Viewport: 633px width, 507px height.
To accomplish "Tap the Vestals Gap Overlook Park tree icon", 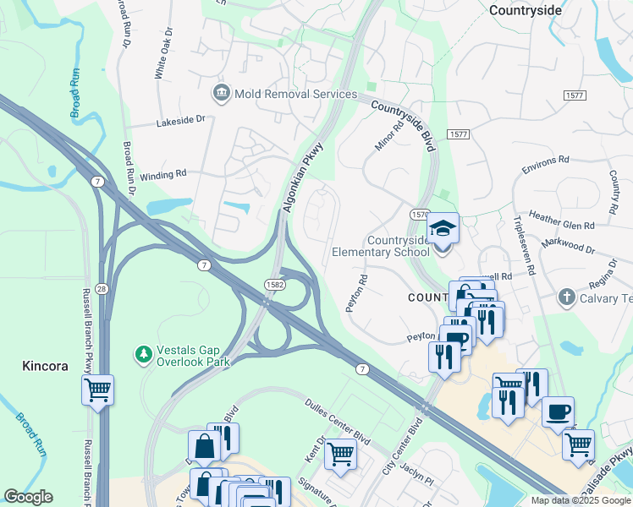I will pyautogui.click(x=145, y=352).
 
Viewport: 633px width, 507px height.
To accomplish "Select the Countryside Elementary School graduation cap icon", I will pyautogui.click(x=442, y=227).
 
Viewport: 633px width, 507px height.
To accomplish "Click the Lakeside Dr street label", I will pyautogui.click(x=181, y=122).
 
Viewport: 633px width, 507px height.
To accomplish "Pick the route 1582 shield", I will pyautogui.click(x=273, y=286).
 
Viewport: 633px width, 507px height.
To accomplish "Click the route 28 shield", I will pyautogui.click(x=101, y=289).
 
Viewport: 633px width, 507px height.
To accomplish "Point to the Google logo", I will pyautogui.click(x=28, y=497).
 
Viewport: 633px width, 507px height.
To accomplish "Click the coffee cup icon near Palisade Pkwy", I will pyautogui.click(x=558, y=412).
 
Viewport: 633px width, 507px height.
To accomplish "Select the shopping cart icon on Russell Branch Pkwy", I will pyautogui.click(x=98, y=390).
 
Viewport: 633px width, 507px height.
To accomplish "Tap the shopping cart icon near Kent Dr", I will pyautogui.click(x=340, y=453).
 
